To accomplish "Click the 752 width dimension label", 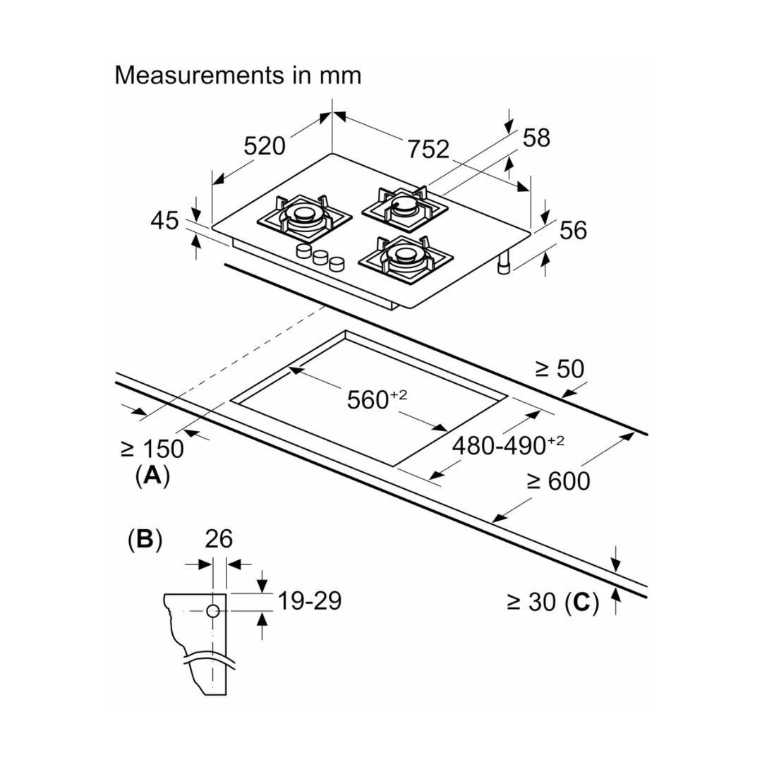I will [428, 149].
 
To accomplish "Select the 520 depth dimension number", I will [265, 146].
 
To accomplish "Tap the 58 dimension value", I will [536, 138].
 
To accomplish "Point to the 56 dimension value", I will [572, 230].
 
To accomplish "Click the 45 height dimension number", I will [164, 221].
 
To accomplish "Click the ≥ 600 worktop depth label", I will [558, 481].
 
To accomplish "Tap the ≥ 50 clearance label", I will [560, 368].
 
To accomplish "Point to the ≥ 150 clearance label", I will [152, 449].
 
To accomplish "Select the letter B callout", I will [145, 539].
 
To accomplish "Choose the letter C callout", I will [581, 602].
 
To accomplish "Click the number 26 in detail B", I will [219, 539].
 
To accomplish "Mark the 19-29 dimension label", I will [309, 601].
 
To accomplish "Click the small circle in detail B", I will [214, 612].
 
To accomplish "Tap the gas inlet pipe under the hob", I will [504, 264].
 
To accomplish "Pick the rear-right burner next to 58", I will [405, 205].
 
